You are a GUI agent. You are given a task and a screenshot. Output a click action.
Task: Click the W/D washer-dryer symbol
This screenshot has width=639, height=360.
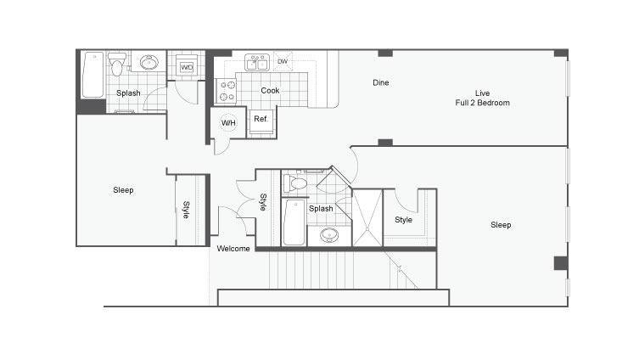(x=186, y=67)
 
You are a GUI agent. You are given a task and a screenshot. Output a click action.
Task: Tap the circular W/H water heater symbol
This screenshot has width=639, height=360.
(x=228, y=123)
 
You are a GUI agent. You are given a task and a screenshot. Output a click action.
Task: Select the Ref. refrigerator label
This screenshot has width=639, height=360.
(x=261, y=119)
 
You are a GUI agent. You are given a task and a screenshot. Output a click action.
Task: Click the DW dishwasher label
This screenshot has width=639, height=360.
(x=282, y=61)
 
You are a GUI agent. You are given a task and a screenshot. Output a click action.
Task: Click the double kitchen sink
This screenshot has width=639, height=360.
(x=257, y=63)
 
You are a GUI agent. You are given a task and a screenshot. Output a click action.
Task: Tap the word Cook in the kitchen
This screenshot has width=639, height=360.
(x=270, y=90)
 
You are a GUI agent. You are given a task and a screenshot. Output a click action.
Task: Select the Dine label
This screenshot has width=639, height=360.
(x=381, y=82)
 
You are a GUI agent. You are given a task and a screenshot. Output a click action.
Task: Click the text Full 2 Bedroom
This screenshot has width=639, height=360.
(x=482, y=103)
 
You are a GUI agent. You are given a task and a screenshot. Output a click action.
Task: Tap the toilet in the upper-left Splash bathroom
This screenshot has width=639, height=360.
(x=119, y=62)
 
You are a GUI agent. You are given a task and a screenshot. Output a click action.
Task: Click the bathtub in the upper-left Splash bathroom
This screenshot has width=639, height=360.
(x=92, y=76)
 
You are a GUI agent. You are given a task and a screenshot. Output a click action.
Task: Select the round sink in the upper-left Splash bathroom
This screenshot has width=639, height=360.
(x=150, y=63)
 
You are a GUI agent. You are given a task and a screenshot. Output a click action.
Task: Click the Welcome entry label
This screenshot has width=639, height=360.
(x=233, y=249)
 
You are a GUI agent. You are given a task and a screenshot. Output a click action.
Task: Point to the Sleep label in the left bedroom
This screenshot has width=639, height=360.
(x=123, y=190)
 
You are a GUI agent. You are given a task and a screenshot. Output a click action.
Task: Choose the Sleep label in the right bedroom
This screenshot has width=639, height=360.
(x=501, y=225)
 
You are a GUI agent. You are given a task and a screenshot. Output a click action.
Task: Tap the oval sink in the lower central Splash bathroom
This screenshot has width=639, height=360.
(x=328, y=233)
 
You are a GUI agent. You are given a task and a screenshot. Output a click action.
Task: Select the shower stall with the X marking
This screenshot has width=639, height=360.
(x=367, y=218)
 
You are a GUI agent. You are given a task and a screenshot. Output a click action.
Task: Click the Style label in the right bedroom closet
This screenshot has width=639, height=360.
(x=404, y=220)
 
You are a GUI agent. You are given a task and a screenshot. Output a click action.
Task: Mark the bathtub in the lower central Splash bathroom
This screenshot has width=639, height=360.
(x=294, y=222)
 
